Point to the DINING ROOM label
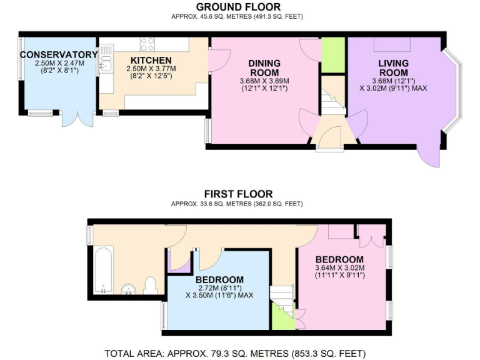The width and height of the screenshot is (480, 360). pyautogui.click(x=264, y=67)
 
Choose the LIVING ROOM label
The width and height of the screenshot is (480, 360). pyautogui.click(x=393, y=67)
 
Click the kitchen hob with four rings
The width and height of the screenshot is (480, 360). pyautogui.click(x=147, y=44)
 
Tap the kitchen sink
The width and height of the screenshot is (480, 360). pyautogui.click(x=106, y=61)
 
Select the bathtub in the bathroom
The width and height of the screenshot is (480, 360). pyautogui.click(x=104, y=270)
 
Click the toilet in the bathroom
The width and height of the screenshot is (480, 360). pyautogui.click(x=150, y=286)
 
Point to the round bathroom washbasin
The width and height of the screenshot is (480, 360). pyautogui.click(x=129, y=289)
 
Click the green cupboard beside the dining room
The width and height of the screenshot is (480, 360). pyautogui.click(x=333, y=55)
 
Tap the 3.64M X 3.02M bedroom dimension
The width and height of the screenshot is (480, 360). pyautogui.click(x=339, y=268)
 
